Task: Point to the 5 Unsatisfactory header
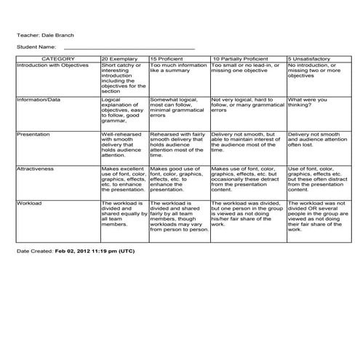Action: point(313,58)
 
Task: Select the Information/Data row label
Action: point(39,100)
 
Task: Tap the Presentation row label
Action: point(33,135)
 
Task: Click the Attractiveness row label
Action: point(36,169)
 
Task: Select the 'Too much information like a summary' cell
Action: point(178,68)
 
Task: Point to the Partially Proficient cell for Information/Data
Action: point(246,105)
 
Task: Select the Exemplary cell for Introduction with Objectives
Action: point(123,79)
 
